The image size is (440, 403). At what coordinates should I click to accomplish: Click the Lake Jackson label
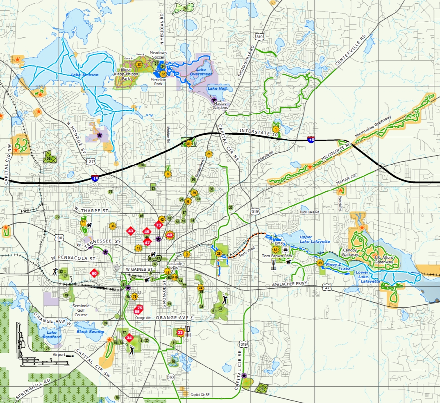[x=84, y=75]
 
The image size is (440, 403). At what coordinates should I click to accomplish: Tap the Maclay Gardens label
[x=223, y=106]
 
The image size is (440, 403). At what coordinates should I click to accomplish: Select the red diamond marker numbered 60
[x=94, y=273]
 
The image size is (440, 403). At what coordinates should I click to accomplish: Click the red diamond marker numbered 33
[x=180, y=332]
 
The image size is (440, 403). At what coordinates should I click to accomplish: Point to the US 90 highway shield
[x=61, y=238]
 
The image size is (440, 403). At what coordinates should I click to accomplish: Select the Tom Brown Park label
[x=277, y=256]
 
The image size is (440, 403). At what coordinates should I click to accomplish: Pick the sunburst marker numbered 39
[x=320, y=263]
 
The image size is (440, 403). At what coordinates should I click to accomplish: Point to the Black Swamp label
[x=91, y=331]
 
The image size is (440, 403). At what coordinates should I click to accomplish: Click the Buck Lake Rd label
[x=309, y=212]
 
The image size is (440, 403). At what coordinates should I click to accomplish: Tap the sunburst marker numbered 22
[x=139, y=64]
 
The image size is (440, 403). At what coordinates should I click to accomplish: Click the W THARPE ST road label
[x=91, y=211]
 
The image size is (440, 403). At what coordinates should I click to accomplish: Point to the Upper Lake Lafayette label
[x=314, y=239]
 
